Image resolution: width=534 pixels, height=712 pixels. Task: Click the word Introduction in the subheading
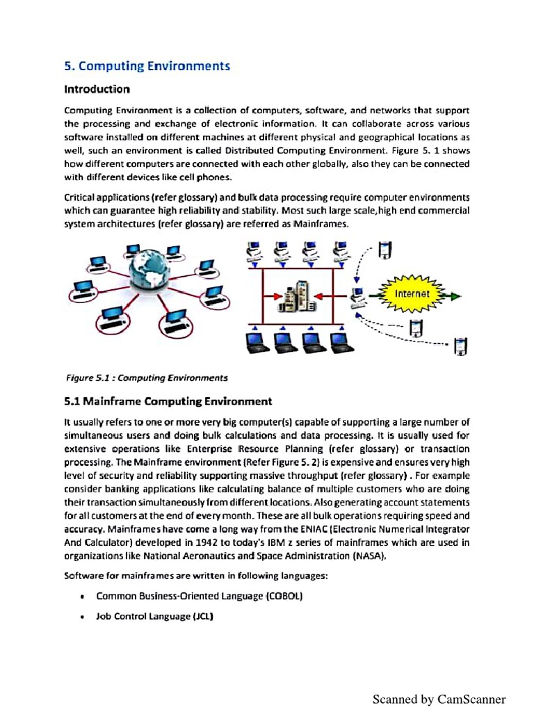[97, 90]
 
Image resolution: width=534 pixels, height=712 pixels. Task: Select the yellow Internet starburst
[412, 294]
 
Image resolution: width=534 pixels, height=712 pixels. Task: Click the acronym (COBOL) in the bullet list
[284, 597]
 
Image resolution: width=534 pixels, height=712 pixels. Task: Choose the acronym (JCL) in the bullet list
[202, 617]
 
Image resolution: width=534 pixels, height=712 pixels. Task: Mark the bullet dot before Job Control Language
[83, 617]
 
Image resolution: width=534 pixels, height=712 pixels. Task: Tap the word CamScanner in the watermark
[471, 699]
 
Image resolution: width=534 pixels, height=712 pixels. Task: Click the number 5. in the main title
[69, 67]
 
